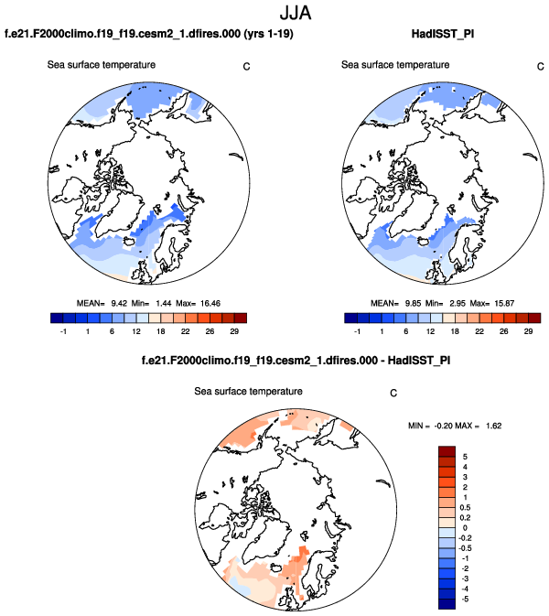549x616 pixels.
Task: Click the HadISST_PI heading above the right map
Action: click(x=444, y=35)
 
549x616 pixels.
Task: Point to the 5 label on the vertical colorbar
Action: click(x=465, y=455)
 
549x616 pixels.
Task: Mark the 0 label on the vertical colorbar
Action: click(x=465, y=528)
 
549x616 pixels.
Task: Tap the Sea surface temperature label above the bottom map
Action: click(x=248, y=391)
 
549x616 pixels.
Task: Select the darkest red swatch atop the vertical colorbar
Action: click(x=447, y=449)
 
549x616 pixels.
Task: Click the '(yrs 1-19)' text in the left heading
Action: click(x=240, y=35)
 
